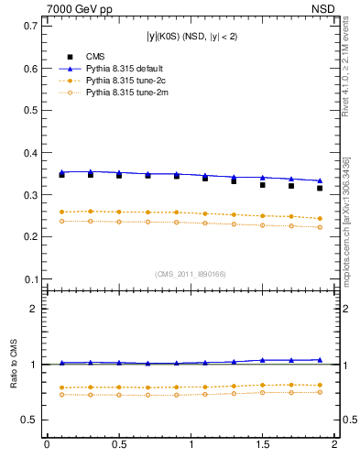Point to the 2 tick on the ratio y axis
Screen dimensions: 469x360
[x=34, y=309]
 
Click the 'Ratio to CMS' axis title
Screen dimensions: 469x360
[x=15, y=364]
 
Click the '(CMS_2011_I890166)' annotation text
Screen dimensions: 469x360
[x=191, y=274]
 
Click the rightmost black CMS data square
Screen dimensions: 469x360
[x=320, y=188]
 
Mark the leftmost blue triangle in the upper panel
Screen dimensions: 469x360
[x=61, y=171]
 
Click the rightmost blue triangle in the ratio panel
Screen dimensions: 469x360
[x=320, y=360]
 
